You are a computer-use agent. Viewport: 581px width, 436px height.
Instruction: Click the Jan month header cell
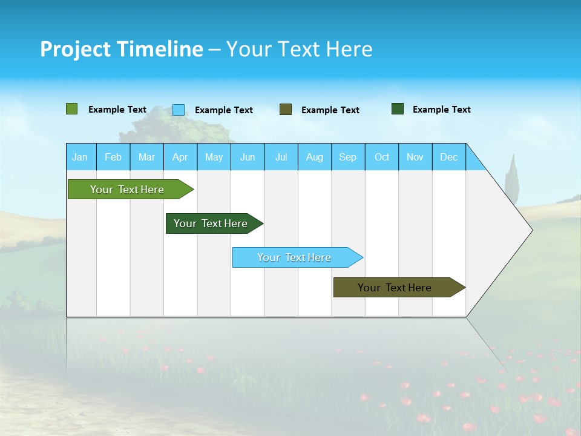click(80, 157)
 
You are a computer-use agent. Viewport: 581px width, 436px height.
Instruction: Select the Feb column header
click(113, 157)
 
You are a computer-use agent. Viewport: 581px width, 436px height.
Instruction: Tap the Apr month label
click(180, 157)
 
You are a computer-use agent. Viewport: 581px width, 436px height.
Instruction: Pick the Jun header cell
click(248, 157)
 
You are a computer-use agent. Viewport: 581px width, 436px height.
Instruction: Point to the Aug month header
click(315, 157)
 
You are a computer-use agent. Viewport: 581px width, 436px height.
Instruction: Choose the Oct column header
click(382, 157)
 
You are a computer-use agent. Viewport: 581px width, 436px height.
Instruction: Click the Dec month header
click(449, 157)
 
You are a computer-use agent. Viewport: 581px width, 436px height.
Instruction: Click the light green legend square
click(72, 109)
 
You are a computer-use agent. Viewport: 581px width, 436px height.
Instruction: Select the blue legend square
click(179, 110)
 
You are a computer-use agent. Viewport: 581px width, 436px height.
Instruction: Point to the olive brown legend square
click(286, 110)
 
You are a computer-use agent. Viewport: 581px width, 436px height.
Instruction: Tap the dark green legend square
click(398, 109)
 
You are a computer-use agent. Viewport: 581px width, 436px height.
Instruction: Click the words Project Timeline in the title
click(122, 49)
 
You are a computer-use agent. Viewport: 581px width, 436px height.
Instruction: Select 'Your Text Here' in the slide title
click(300, 49)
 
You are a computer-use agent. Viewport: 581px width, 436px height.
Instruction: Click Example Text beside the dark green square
click(441, 110)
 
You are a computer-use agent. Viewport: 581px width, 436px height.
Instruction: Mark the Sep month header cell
click(348, 157)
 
